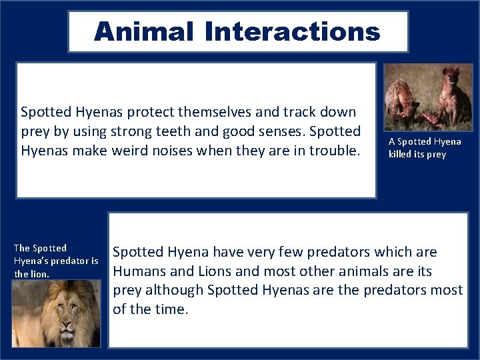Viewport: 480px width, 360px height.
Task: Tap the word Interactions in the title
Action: (x=293, y=31)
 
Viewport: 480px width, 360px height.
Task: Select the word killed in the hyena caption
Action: (x=403, y=155)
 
